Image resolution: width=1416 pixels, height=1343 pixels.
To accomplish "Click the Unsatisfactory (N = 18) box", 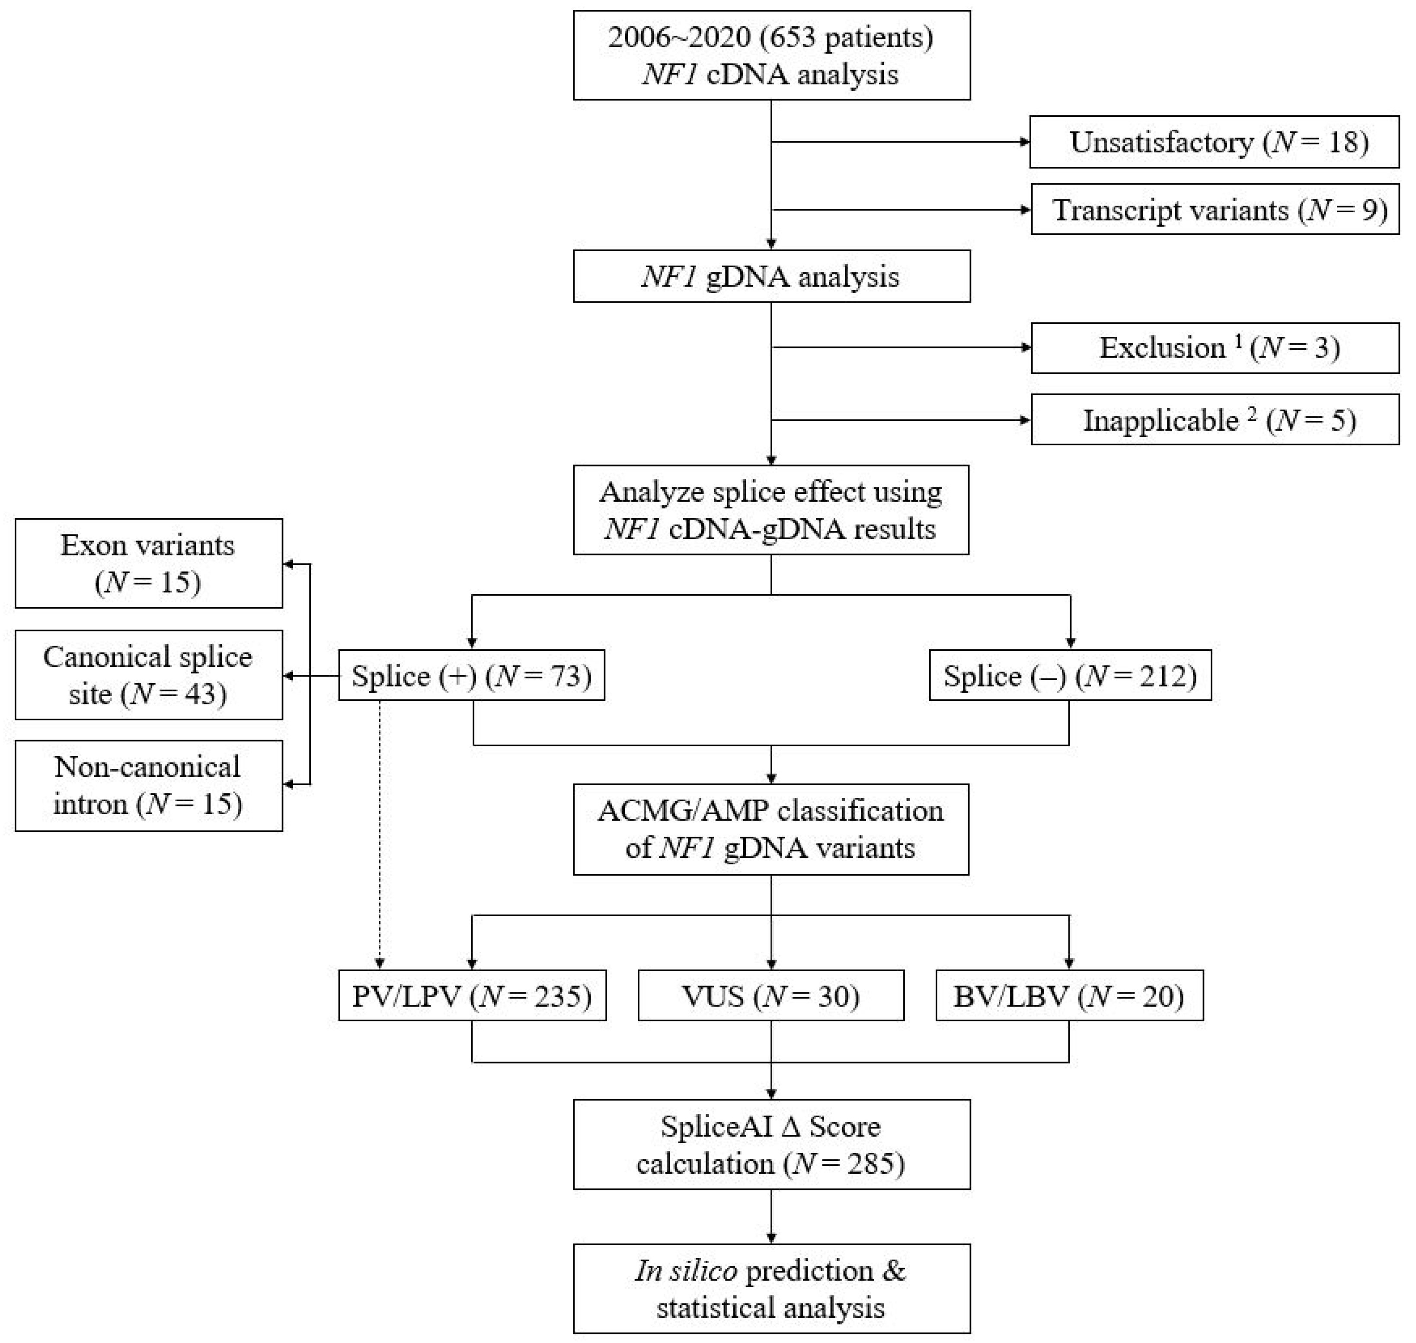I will pyautogui.click(x=1214, y=142).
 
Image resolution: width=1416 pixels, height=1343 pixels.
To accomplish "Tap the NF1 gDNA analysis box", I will pyautogui.click(x=771, y=276).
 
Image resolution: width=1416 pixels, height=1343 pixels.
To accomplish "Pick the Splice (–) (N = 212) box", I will pyautogui.click(x=1070, y=675).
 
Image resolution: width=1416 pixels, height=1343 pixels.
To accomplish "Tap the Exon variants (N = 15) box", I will pyautogui.click(x=148, y=563).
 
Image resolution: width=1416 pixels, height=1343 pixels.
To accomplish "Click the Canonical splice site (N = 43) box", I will pyautogui.click(x=148, y=675).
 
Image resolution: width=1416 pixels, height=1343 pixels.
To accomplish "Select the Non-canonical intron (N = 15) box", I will pyautogui.click(x=148, y=785).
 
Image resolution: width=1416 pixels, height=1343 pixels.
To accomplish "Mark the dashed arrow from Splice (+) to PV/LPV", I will pyautogui.click(x=380, y=831).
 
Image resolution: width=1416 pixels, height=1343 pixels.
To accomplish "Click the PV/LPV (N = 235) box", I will pyautogui.click(x=472, y=995).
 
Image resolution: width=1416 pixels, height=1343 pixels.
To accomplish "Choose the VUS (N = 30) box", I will pyautogui.click(x=770, y=995).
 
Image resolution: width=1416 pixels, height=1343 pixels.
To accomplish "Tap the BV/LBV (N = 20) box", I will pyautogui.click(x=1069, y=995).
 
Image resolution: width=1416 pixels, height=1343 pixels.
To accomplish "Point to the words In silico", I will pyautogui.click(x=685, y=1271).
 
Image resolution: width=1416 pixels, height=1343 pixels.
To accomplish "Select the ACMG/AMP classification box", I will pyautogui.click(x=771, y=829).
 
